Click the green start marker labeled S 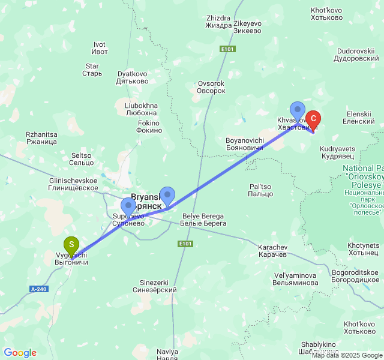pos(71,245)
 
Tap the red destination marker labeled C pos(313,119)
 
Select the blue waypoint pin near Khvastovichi pos(298,110)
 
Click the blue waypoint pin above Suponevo pos(128,206)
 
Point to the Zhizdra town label pos(218,22)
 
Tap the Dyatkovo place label pos(133,77)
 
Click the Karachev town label pos(273,251)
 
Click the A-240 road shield pos(38,289)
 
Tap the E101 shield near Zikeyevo pos(227,49)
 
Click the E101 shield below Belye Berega pos(185,244)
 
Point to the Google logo pos(20,353)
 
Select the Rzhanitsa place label pos(41,138)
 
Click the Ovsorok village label pos(211,87)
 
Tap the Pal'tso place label pos(260,190)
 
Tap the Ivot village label pos(100,48)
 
